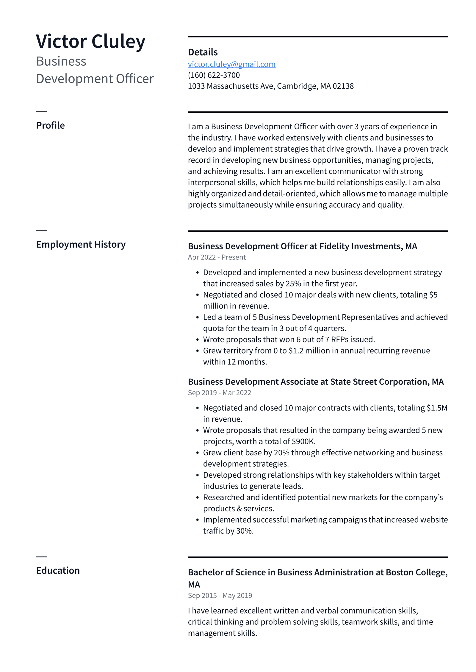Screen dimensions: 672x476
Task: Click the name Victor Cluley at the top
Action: point(90,41)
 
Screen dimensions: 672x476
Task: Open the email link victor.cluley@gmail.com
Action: point(231,64)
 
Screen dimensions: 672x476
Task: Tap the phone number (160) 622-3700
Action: point(214,75)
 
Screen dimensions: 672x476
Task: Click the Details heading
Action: point(203,52)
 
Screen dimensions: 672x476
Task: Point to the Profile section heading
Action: point(50,125)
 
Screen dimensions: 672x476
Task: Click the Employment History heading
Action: point(81,245)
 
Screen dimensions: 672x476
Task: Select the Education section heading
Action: point(58,571)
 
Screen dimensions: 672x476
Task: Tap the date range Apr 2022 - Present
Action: point(217,257)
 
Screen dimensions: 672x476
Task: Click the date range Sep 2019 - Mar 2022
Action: point(219,393)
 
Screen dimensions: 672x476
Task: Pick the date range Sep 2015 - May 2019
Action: point(220,596)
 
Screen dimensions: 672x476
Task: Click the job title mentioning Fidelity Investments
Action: point(302,246)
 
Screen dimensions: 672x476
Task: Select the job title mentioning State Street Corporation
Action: point(315,382)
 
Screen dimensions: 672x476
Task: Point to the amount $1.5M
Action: point(437,408)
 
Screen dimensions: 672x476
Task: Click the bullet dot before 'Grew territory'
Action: point(198,351)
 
